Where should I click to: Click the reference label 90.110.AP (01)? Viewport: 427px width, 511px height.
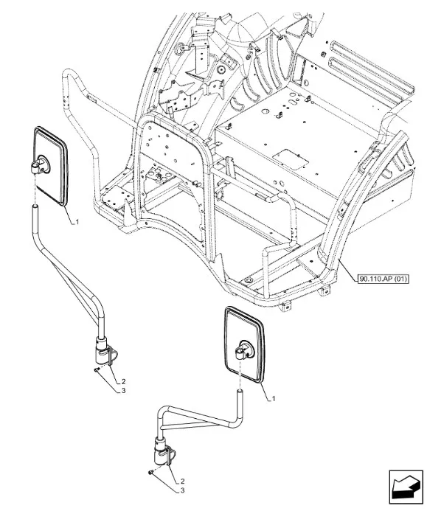[383, 279]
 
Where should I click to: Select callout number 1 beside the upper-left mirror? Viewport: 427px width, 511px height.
[77, 222]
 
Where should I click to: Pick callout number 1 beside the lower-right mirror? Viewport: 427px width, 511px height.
[274, 398]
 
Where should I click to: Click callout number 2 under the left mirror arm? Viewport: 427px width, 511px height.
[123, 381]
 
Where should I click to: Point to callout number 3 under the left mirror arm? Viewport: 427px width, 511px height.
[123, 390]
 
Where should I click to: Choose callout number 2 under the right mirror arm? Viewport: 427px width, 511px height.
[183, 481]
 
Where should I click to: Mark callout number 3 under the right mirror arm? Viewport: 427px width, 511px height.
[183, 490]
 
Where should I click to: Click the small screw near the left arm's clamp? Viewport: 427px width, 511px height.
[95, 369]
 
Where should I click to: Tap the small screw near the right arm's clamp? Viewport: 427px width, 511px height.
[150, 472]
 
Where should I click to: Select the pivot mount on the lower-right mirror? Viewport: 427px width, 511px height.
[244, 350]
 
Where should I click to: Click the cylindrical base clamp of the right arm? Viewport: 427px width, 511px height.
[161, 452]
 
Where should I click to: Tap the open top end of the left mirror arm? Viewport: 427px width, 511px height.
[35, 206]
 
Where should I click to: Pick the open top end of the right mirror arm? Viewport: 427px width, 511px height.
[240, 391]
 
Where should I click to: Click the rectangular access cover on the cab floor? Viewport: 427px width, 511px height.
[290, 159]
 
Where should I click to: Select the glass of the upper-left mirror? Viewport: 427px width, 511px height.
[50, 166]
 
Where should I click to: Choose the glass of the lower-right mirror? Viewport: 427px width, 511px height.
[246, 344]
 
